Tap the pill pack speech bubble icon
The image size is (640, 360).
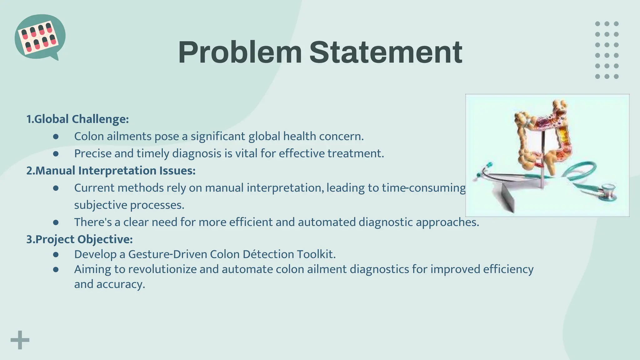[40, 37]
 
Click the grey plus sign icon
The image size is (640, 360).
[20, 340]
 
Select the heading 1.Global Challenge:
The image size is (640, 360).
[77, 119]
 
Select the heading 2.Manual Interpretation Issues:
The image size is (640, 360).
[111, 171]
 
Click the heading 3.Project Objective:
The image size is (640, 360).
[79, 239]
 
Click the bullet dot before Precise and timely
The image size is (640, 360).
[56, 154]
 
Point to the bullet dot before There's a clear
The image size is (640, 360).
[56, 222]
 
